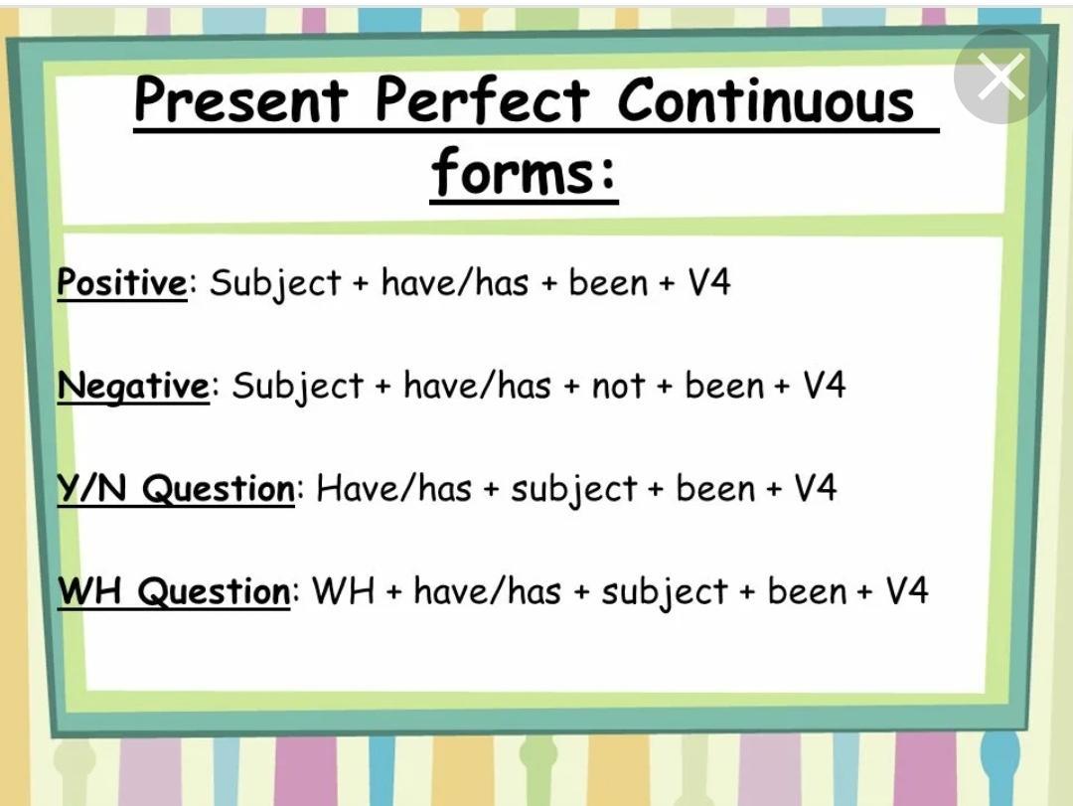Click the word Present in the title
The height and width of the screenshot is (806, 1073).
click(x=240, y=100)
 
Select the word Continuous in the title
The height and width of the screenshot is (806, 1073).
click(x=766, y=100)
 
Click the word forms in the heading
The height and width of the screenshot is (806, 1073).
click(x=515, y=172)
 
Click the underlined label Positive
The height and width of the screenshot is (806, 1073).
click(x=122, y=282)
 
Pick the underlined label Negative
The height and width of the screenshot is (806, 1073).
click(x=133, y=386)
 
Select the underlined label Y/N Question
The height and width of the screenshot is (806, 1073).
click(x=176, y=488)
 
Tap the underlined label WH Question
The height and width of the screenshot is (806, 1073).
click(x=174, y=591)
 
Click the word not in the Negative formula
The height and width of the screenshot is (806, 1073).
click(x=618, y=387)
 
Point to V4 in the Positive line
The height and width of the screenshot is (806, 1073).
click(x=709, y=282)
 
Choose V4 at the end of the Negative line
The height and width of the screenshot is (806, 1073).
click(x=825, y=386)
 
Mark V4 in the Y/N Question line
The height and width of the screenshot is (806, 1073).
click(x=815, y=488)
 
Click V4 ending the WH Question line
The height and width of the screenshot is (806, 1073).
click(x=907, y=591)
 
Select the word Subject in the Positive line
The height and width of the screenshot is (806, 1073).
click(x=275, y=283)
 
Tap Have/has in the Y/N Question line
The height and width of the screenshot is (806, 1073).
click(x=394, y=488)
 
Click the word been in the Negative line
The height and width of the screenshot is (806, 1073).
click(x=724, y=386)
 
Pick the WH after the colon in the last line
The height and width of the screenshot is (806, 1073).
click(x=344, y=591)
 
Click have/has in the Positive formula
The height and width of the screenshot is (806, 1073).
click(x=455, y=282)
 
